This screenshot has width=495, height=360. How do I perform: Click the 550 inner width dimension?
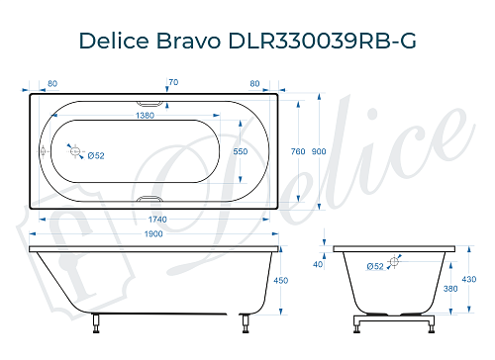[x=240, y=151]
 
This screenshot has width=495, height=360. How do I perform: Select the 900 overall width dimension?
[x=318, y=151]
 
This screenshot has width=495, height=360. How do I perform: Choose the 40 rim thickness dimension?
[x=318, y=264]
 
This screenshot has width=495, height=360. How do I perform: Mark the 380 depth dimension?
[x=451, y=289]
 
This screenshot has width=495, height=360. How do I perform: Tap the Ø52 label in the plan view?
[x=97, y=156]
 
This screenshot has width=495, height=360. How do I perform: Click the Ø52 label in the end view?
[x=375, y=266]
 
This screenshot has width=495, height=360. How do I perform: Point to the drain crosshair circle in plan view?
[x=74, y=150]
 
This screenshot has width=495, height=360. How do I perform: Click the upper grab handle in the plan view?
[x=149, y=101]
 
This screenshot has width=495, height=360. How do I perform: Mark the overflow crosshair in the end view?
[x=394, y=262]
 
